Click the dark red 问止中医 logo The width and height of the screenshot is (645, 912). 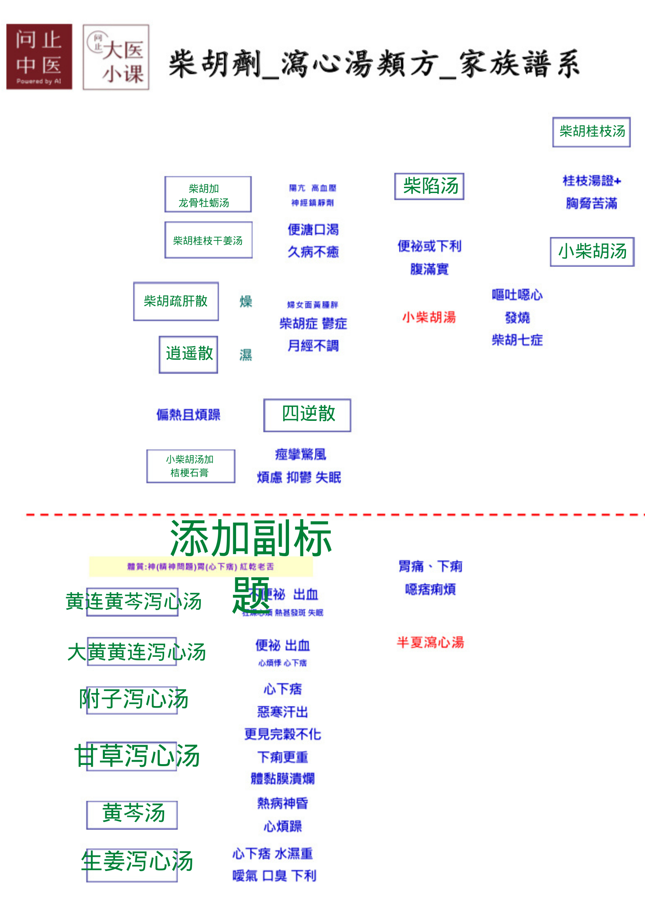coord(39,56)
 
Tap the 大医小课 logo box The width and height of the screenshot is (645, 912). coord(116,57)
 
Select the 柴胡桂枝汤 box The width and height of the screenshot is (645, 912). coord(591,132)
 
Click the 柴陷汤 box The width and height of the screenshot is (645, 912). coord(429,186)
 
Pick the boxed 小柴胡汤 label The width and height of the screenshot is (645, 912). coord(592,251)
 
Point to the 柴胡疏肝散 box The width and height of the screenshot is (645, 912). coord(176,301)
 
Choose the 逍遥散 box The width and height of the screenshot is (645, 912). coord(189,354)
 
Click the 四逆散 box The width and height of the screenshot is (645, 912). coord(307,415)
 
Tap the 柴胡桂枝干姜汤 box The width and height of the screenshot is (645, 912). coord(208,240)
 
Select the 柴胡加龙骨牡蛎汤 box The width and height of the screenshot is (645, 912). coord(208,195)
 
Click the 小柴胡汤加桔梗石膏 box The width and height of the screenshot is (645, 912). coord(190,466)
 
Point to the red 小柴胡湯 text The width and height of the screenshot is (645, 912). coord(429,317)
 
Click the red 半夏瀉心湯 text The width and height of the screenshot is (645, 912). coord(430,642)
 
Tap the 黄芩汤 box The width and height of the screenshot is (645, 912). coord(132,815)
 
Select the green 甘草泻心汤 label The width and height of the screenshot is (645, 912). coord(137,756)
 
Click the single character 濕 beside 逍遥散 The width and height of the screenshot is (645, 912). coord(245,355)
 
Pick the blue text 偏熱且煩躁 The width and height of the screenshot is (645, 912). coord(188,415)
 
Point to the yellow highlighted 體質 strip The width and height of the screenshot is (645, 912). coord(201,566)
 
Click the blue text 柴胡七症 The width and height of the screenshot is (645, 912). coord(517,340)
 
